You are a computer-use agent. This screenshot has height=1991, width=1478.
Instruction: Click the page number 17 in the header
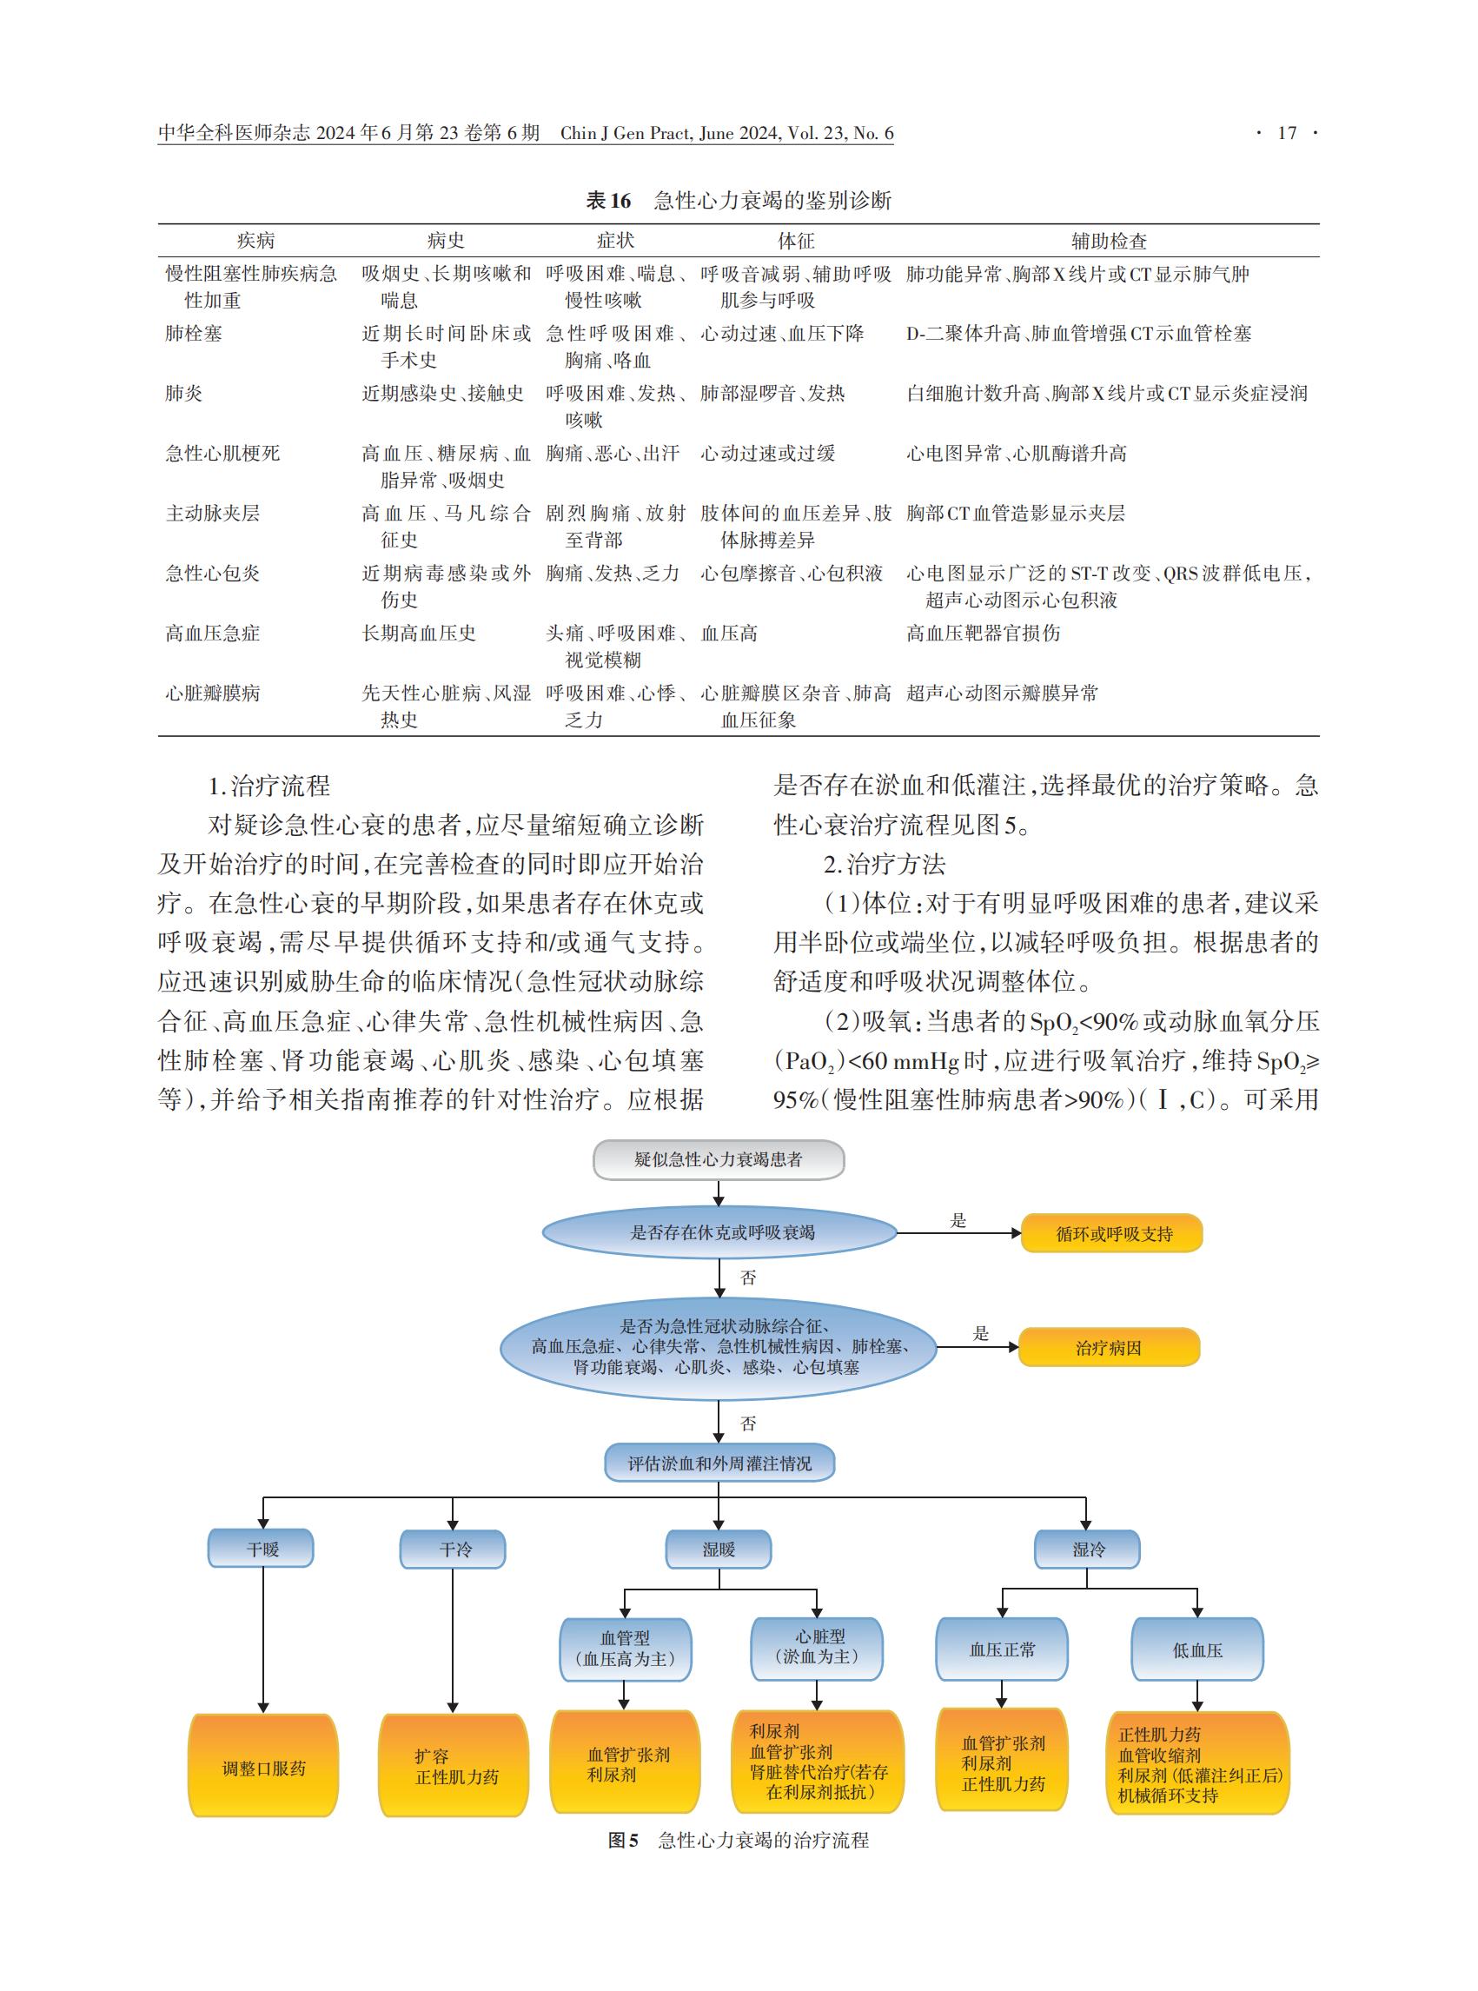pyautogui.click(x=1287, y=133)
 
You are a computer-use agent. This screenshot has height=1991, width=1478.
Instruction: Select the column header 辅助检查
pyautogui.click(x=1109, y=241)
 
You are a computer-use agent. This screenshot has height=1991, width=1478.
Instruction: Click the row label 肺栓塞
pyautogui.click(x=194, y=334)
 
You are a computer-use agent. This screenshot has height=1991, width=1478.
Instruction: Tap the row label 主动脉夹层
pyautogui.click(x=213, y=514)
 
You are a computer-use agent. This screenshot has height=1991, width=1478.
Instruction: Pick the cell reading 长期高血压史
pyautogui.click(x=419, y=634)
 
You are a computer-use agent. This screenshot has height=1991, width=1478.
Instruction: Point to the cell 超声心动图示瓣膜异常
pyautogui.click(x=1002, y=694)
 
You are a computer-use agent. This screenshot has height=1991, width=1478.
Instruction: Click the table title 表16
pyautogui.click(x=608, y=201)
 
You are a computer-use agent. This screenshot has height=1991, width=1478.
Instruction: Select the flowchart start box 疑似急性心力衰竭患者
pyautogui.click(x=719, y=1159)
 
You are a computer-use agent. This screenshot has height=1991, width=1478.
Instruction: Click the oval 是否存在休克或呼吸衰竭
pyautogui.click(x=720, y=1232)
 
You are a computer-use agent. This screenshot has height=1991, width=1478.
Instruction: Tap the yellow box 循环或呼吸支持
pyautogui.click(x=1112, y=1233)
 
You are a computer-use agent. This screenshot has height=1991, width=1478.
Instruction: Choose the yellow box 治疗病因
pyautogui.click(x=1110, y=1348)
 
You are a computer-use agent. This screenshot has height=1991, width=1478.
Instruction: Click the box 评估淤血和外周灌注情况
pyautogui.click(x=720, y=1463)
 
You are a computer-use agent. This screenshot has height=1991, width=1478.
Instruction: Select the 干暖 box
pyautogui.click(x=262, y=1549)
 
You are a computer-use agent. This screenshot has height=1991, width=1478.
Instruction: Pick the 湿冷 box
pyautogui.click(x=1087, y=1549)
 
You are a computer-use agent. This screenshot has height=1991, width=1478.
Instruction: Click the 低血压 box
pyautogui.click(x=1197, y=1649)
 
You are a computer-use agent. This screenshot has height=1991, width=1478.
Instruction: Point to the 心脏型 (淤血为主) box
pyautogui.click(x=817, y=1648)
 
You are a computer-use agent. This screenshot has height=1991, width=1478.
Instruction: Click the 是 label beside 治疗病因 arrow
pyautogui.click(x=981, y=1333)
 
